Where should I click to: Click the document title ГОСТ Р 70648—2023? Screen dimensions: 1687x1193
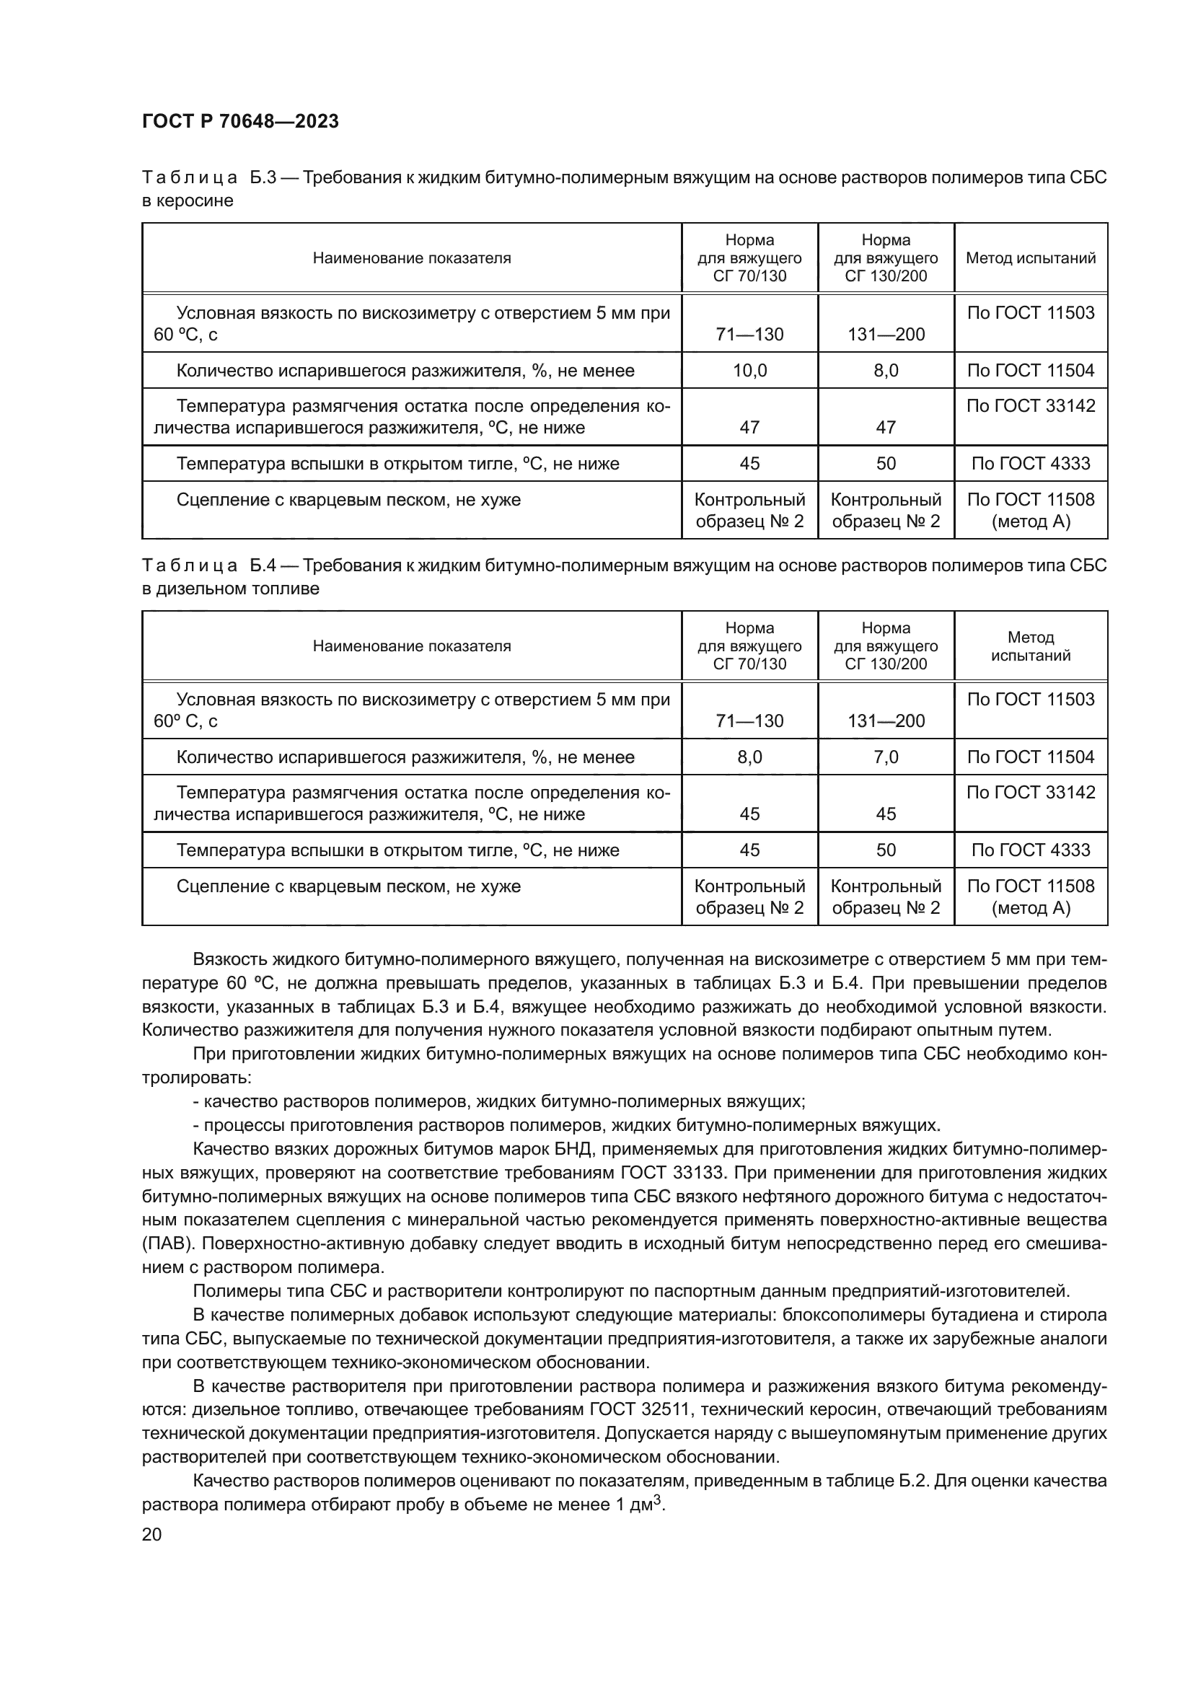(x=240, y=122)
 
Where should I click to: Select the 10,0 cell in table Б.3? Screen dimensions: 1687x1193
(x=749, y=370)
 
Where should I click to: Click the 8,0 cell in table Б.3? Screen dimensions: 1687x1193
(x=885, y=370)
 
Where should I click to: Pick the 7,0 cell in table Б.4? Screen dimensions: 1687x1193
(x=885, y=757)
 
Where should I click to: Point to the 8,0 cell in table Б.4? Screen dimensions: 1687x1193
(x=749, y=757)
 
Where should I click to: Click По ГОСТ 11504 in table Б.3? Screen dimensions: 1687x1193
(x=1030, y=370)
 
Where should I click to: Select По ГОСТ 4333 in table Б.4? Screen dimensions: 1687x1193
(x=1030, y=850)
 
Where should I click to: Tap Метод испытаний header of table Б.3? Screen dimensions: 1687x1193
(x=1030, y=258)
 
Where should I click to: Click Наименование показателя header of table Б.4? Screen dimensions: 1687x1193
(x=411, y=646)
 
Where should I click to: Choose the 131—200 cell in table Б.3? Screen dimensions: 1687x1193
(x=885, y=335)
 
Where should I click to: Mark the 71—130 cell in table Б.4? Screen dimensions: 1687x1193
(x=749, y=721)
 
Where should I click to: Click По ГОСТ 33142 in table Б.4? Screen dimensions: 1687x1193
(x=1030, y=792)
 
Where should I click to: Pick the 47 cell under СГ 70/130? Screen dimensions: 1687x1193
(x=749, y=427)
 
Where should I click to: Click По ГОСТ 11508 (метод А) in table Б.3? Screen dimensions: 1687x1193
(x=1030, y=511)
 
